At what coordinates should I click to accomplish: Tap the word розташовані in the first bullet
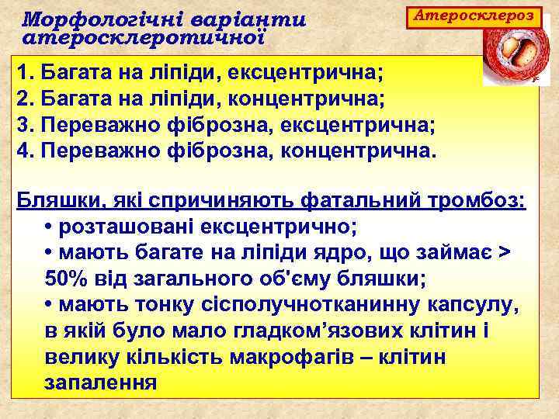(127, 228)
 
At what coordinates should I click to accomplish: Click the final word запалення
(101, 383)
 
